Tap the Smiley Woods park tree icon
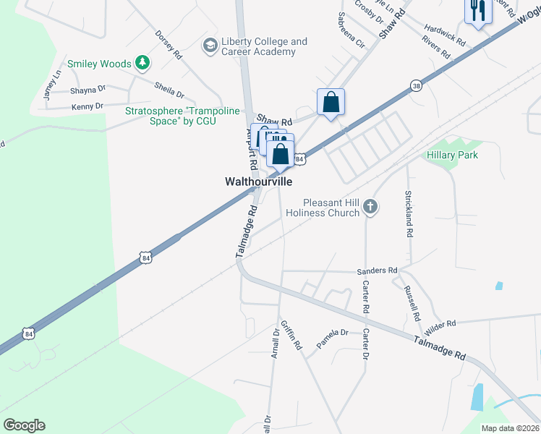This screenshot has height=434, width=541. [x=143, y=64]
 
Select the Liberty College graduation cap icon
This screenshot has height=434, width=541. [x=210, y=46]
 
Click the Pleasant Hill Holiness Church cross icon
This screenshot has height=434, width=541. [x=370, y=208]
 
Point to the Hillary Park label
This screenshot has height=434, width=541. [x=452, y=155]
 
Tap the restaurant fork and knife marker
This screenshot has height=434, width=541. [x=477, y=10]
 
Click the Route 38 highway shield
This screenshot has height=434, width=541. [x=415, y=85]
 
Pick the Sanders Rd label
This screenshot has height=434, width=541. [x=378, y=271]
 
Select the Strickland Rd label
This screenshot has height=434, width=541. [x=409, y=215]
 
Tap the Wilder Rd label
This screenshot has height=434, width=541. [x=440, y=327]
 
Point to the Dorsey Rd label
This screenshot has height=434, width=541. [x=168, y=44]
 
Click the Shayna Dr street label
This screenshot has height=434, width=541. [x=88, y=90]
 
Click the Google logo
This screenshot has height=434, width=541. [x=24, y=425]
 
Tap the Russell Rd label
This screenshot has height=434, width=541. [x=413, y=305]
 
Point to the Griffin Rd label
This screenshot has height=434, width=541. [x=291, y=334]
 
